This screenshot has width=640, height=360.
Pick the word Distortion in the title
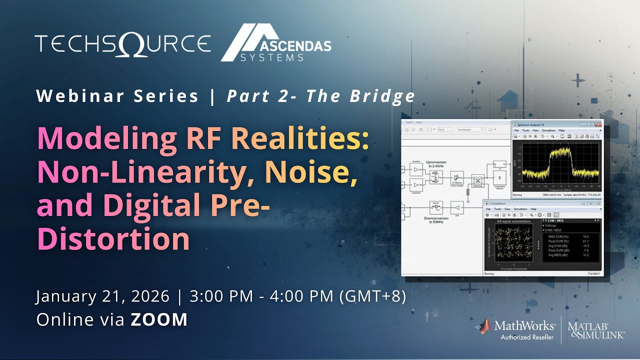tap(113, 239)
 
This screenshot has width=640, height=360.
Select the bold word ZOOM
tap(159, 319)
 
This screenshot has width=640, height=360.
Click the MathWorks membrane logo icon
tap(484, 326)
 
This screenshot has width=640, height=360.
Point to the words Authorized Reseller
tap(527, 337)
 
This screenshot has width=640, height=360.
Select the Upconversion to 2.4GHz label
tap(436, 164)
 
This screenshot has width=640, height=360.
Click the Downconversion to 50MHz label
tap(436, 219)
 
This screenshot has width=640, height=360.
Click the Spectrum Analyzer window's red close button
tap(598, 124)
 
